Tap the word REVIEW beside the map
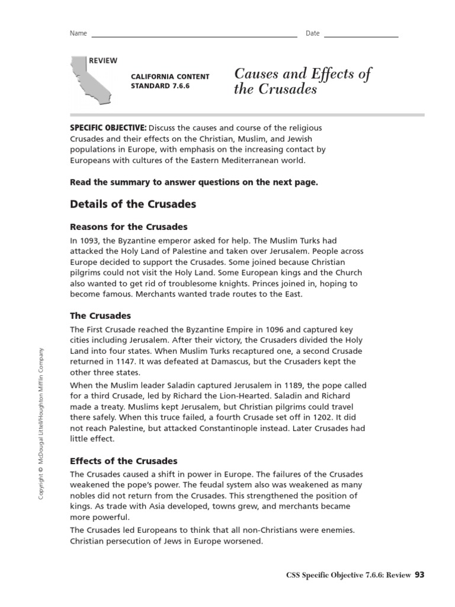[x=103, y=61]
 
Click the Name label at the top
[x=78, y=33]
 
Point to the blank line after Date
[x=361, y=36]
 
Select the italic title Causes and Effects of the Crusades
[x=302, y=82]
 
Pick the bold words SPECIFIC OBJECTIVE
[x=108, y=128]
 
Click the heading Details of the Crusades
[x=133, y=205]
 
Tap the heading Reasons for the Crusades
[x=129, y=227]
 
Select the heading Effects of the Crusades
[x=124, y=461]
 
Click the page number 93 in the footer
[x=419, y=574]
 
